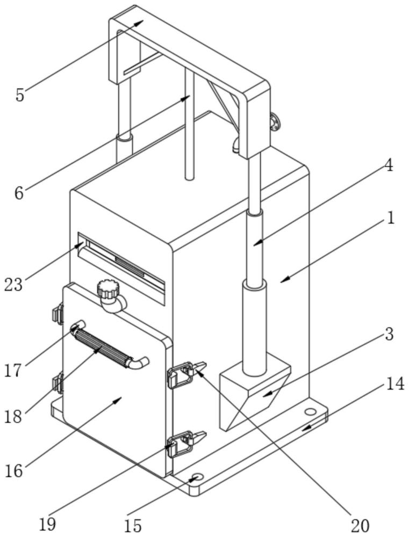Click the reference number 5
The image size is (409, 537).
point(20,95)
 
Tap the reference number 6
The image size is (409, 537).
point(19,192)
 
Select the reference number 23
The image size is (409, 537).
point(13,284)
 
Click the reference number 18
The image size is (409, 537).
point(14,417)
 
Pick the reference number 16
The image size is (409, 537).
point(15,470)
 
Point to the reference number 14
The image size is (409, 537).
point(395,384)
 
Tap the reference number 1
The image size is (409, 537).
point(391,219)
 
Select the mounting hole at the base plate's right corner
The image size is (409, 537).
point(310,412)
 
